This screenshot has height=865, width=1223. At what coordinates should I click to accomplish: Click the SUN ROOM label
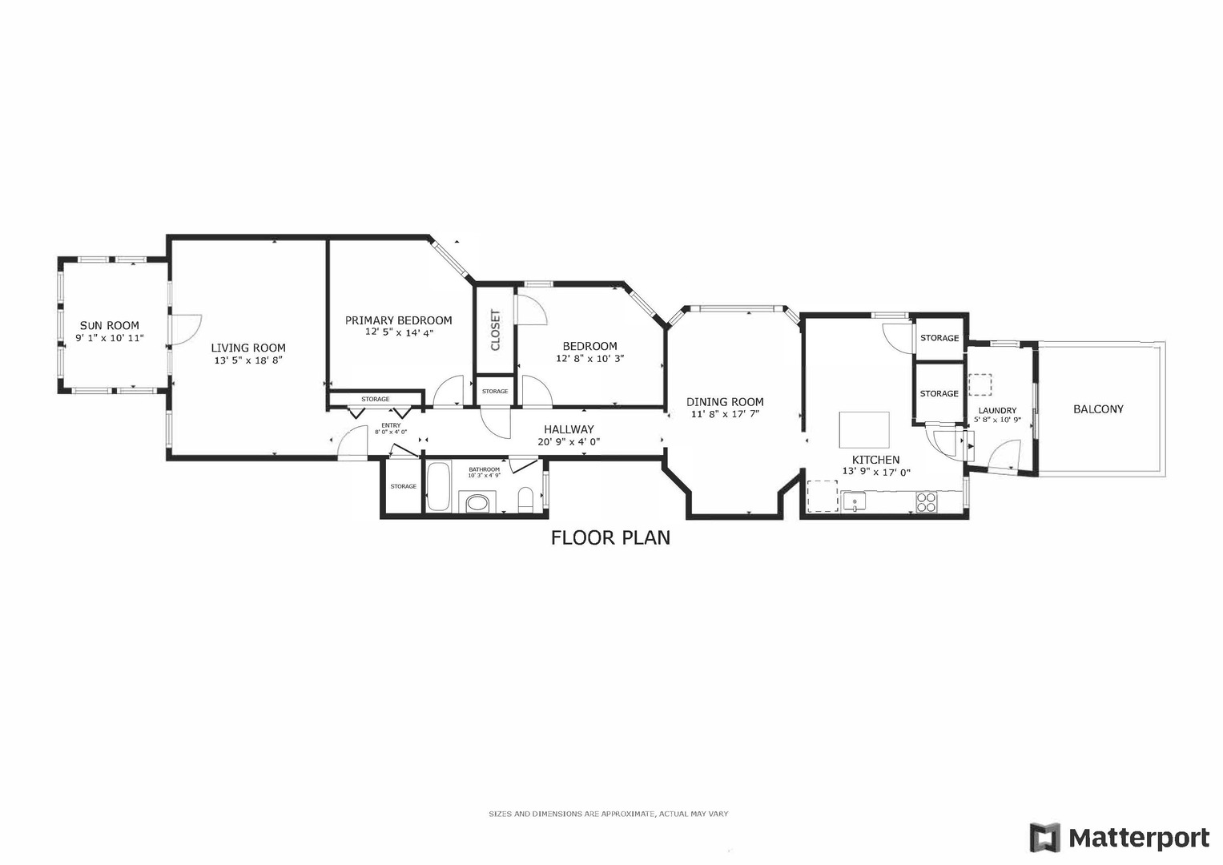(109, 325)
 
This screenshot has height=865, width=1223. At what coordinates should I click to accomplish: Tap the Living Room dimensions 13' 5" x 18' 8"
(248, 360)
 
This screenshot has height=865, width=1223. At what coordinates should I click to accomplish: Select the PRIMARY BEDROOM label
(398, 320)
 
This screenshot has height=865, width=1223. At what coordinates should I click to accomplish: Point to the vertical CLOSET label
(495, 330)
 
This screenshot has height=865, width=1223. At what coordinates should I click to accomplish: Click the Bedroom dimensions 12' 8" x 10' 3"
(589, 358)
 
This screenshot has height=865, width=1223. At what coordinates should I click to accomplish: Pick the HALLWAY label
(569, 429)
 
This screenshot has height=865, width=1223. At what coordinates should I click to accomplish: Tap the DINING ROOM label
(725, 402)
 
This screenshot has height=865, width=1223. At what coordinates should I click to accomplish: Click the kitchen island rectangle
(863, 430)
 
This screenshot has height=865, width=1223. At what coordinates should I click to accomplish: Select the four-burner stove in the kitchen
(926, 502)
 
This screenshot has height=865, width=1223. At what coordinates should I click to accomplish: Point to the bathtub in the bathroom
(437, 486)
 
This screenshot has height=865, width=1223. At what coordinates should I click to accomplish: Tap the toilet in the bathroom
(526, 501)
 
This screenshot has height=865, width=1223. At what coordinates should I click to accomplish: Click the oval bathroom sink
(477, 504)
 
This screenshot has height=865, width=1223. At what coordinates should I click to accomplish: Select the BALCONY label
(1098, 408)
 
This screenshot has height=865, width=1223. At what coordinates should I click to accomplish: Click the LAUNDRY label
(997, 410)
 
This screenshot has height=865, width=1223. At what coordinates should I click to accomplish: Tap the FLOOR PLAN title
(610, 537)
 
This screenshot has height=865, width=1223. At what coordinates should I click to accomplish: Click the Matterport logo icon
(1044, 838)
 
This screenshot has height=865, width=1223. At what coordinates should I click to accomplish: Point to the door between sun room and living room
(184, 329)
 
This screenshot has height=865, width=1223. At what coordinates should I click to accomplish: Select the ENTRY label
(391, 425)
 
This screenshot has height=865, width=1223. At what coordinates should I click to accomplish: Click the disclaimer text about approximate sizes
(609, 814)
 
